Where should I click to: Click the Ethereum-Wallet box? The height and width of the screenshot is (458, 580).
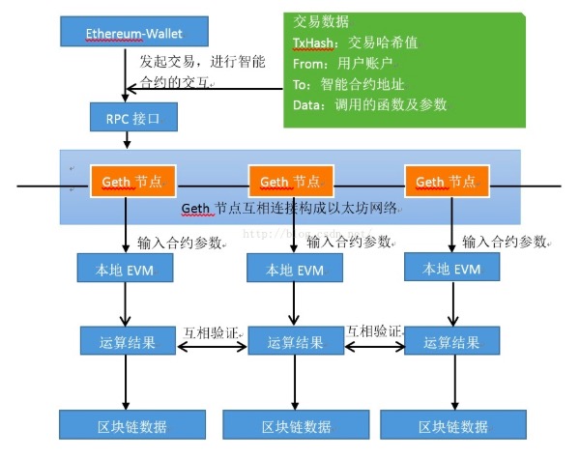pyautogui.click(x=121, y=32)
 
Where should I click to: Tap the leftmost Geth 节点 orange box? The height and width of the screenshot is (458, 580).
pyautogui.click(x=125, y=181)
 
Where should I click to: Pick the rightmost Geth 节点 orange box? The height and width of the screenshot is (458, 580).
pyautogui.click(x=446, y=181)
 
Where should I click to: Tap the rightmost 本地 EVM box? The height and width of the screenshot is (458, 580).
pyautogui.click(x=442, y=269)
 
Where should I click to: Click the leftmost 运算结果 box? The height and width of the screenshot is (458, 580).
pyautogui.click(x=120, y=341)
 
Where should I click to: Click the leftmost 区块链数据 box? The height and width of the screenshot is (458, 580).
pyautogui.click(x=120, y=426)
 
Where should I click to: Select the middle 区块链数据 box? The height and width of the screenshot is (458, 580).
pyautogui.click(x=286, y=426)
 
